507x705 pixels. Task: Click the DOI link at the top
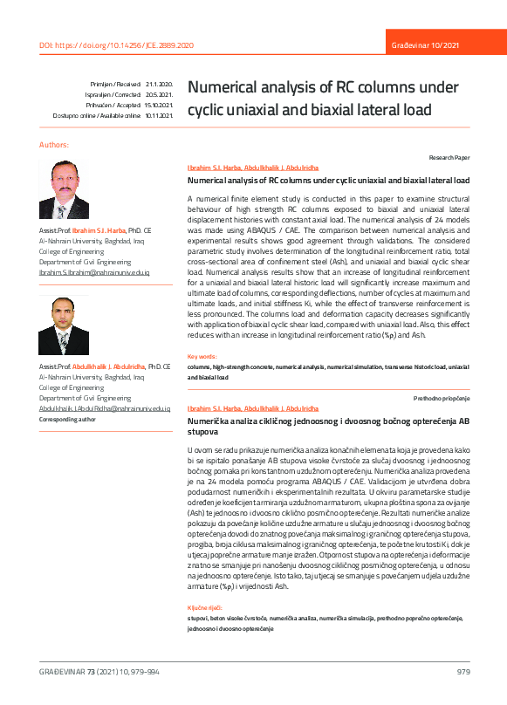click(x=116, y=44)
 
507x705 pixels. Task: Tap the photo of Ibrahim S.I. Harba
click(x=64, y=189)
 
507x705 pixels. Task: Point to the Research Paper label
click(x=449, y=158)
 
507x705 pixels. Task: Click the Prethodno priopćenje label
click(x=442, y=398)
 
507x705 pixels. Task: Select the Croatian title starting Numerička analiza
click(x=328, y=426)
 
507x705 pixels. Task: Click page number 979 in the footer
click(x=462, y=671)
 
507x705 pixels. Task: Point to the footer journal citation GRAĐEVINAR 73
click(x=99, y=671)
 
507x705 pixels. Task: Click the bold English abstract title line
click(x=328, y=181)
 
